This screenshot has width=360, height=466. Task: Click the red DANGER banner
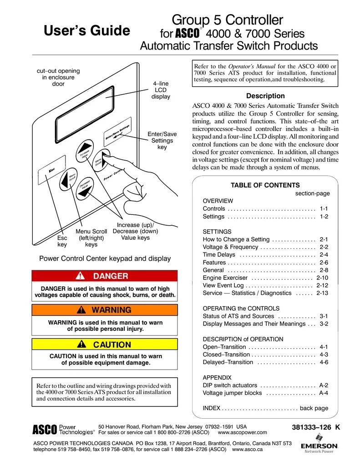tap(104, 276)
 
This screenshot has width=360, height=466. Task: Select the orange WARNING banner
tap(104, 310)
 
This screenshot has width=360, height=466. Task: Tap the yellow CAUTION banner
tap(104, 344)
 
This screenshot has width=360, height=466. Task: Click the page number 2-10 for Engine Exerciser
tap(322, 278)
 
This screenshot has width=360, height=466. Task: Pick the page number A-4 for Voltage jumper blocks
tap(324, 393)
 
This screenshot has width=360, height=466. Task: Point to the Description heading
tap(265, 96)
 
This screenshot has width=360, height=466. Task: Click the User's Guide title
tap(86, 30)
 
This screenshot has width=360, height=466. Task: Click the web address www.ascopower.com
tap(243, 432)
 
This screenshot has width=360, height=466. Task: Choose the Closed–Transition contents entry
tap(226, 355)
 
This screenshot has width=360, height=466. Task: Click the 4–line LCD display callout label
tap(161, 90)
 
